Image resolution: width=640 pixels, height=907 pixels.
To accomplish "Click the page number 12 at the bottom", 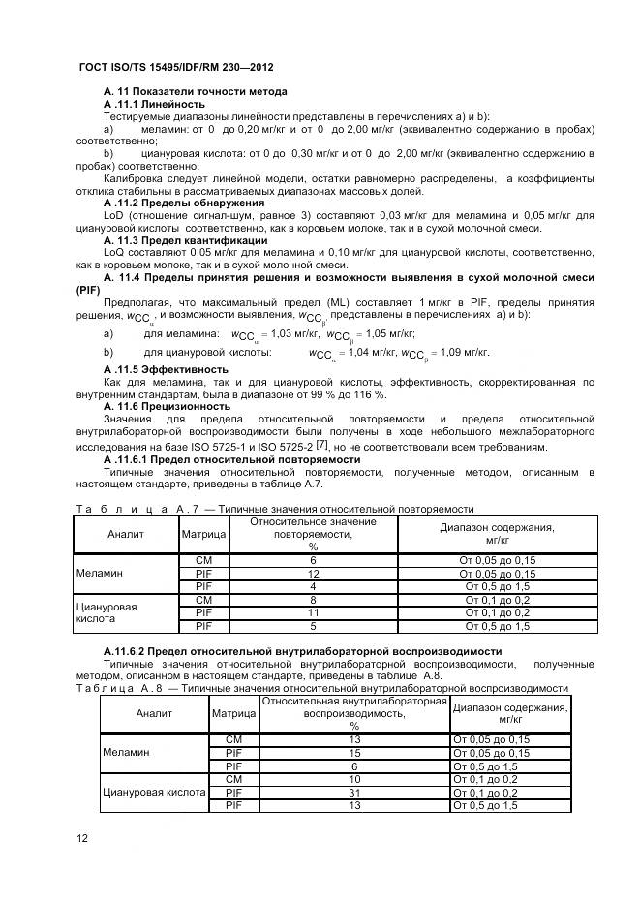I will tap(82, 837).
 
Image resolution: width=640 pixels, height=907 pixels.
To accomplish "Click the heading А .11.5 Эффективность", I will tap(166, 369).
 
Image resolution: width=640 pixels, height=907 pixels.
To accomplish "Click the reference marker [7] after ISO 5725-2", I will tap(336, 444).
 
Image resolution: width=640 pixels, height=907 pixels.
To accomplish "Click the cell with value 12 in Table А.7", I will tap(313, 574).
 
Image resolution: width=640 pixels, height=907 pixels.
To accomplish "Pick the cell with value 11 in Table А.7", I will tap(313, 612).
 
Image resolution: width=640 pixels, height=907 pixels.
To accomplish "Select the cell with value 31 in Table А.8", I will tap(354, 792).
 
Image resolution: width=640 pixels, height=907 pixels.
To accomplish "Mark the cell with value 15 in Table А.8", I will tap(354, 753).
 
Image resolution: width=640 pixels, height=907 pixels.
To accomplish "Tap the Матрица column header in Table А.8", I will tap(233, 713).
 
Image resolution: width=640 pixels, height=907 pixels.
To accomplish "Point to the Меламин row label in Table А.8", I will tap(126, 752).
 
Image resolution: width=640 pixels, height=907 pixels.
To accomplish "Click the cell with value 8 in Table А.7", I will tap(313, 600).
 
